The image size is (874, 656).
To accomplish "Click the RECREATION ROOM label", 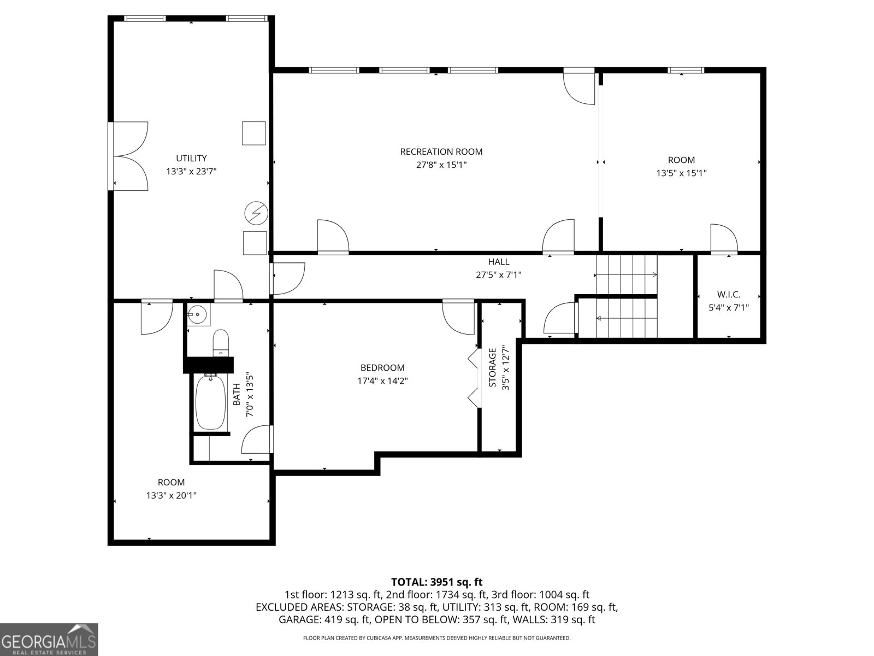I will tap(441, 151).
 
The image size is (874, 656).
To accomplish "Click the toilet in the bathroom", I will tap(220, 341).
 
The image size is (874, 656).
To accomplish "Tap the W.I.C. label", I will tap(728, 295).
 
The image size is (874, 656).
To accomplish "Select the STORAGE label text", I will tap(492, 367).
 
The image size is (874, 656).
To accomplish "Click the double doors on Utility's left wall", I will tap(129, 156).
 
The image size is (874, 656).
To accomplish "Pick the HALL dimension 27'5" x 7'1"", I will tap(498, 275).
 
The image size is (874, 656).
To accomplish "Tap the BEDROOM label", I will tap(382, 368).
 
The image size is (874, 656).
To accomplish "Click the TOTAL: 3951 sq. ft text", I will tap(436, 582).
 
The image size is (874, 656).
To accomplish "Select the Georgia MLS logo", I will tap(49, 639).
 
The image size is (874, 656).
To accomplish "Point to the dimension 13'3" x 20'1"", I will tap(171, 496).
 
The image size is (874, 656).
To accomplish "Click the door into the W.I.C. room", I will tap(724, 241).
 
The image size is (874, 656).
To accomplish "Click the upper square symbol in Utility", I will tap(254, 133).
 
